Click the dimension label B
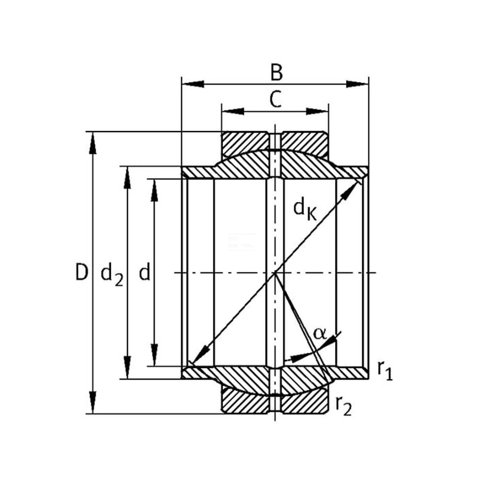pyautogui.click(x=276, y=73)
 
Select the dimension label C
pyautogui.click(x=276, y=99)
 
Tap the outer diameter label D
pyautogui.click(x=82, y=272)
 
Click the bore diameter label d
pyautogui.click(x=144, y=272)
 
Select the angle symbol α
pyautogui.click(x=319, y=333)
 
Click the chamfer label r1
pyautogui.click(x=385, y=370)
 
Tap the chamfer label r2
pyautogui.click(x=343, y=405)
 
